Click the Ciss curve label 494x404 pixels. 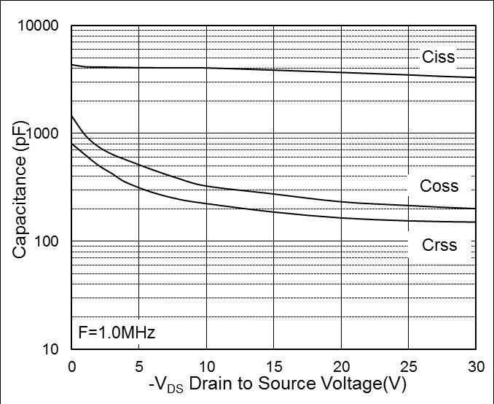point(438,57)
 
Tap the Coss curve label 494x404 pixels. point(439,186)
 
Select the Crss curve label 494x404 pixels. point(439,244)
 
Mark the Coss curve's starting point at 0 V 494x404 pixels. point(71,116)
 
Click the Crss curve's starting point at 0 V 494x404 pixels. point(71,144)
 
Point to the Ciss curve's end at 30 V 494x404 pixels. point(475,77)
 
